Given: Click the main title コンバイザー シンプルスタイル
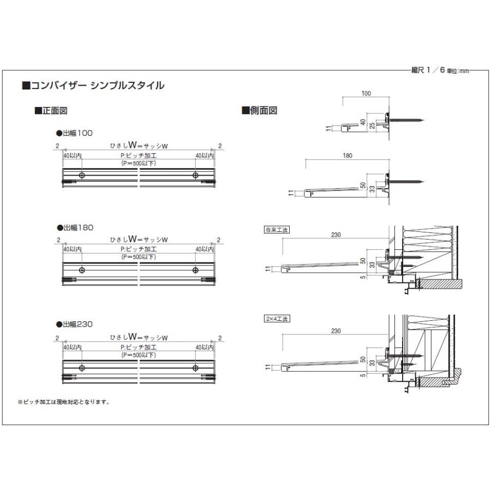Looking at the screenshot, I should pyautogui.click(x=93, y=86).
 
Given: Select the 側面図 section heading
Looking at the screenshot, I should pyautogui.click(x=260, y=111).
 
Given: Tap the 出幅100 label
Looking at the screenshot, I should pyautogui.click(x=75, y=133).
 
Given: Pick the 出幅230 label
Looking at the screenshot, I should pyautogui.click(x=75, y=324).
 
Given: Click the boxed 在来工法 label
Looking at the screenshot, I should pyautogui.click(x=276, y=230).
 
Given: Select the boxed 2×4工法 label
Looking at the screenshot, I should pyautogui.click(x=276, y=318).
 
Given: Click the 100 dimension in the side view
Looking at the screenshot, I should pyautogui.click(x=366, y=94).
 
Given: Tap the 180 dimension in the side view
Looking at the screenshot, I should pyautogui.click(x=348, y=155).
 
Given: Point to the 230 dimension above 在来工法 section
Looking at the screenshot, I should pyautogui.click(x=336, y=235).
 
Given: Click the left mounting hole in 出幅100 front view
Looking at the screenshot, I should pyautogui.click(x=81, y=175).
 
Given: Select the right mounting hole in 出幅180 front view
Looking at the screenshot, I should pyautogui.click(x=195, y=270).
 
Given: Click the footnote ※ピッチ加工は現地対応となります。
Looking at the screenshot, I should pyautogui.click(x=64, y=403).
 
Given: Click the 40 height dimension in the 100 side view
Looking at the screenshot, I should pyautogui.click(x=362, y=122).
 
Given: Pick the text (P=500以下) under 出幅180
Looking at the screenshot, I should pyautogui.click(x=139, y=259).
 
